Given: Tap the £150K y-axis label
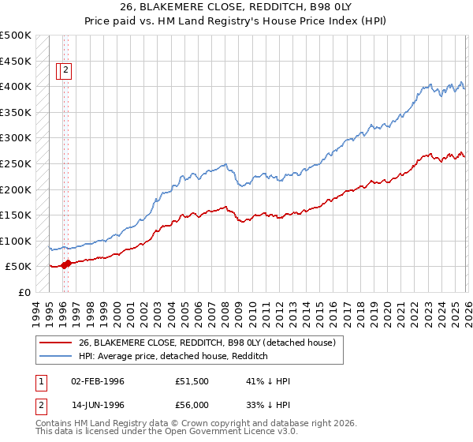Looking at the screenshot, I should pos(16,215).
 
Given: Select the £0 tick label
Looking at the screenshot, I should pos(24,292).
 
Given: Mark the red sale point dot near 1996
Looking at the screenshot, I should pos(67,264).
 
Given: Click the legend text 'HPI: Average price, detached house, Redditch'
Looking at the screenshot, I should pos(174,356).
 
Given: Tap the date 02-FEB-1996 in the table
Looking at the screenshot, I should pos(98,381).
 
